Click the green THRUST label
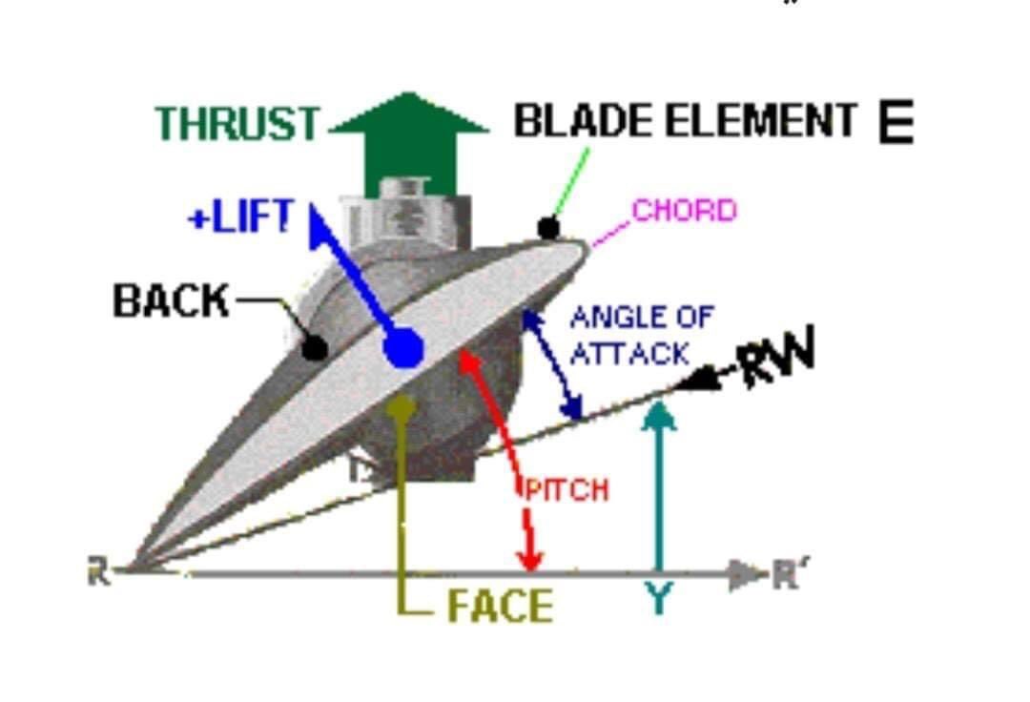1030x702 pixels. pos(237,124)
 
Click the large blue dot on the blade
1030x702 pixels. pos(404,348)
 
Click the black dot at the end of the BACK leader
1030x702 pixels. pos(314,348)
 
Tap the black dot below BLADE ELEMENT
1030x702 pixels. pos(547,228)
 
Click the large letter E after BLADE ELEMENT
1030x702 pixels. pos(896,124)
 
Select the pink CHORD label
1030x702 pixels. pos(685,211)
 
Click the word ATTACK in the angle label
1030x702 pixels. pos(629,354)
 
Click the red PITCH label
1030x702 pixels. pos(566,490)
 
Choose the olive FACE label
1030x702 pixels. pos(500,607)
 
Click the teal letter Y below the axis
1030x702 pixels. pos(658,599)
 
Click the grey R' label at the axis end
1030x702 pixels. pos(783,574)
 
